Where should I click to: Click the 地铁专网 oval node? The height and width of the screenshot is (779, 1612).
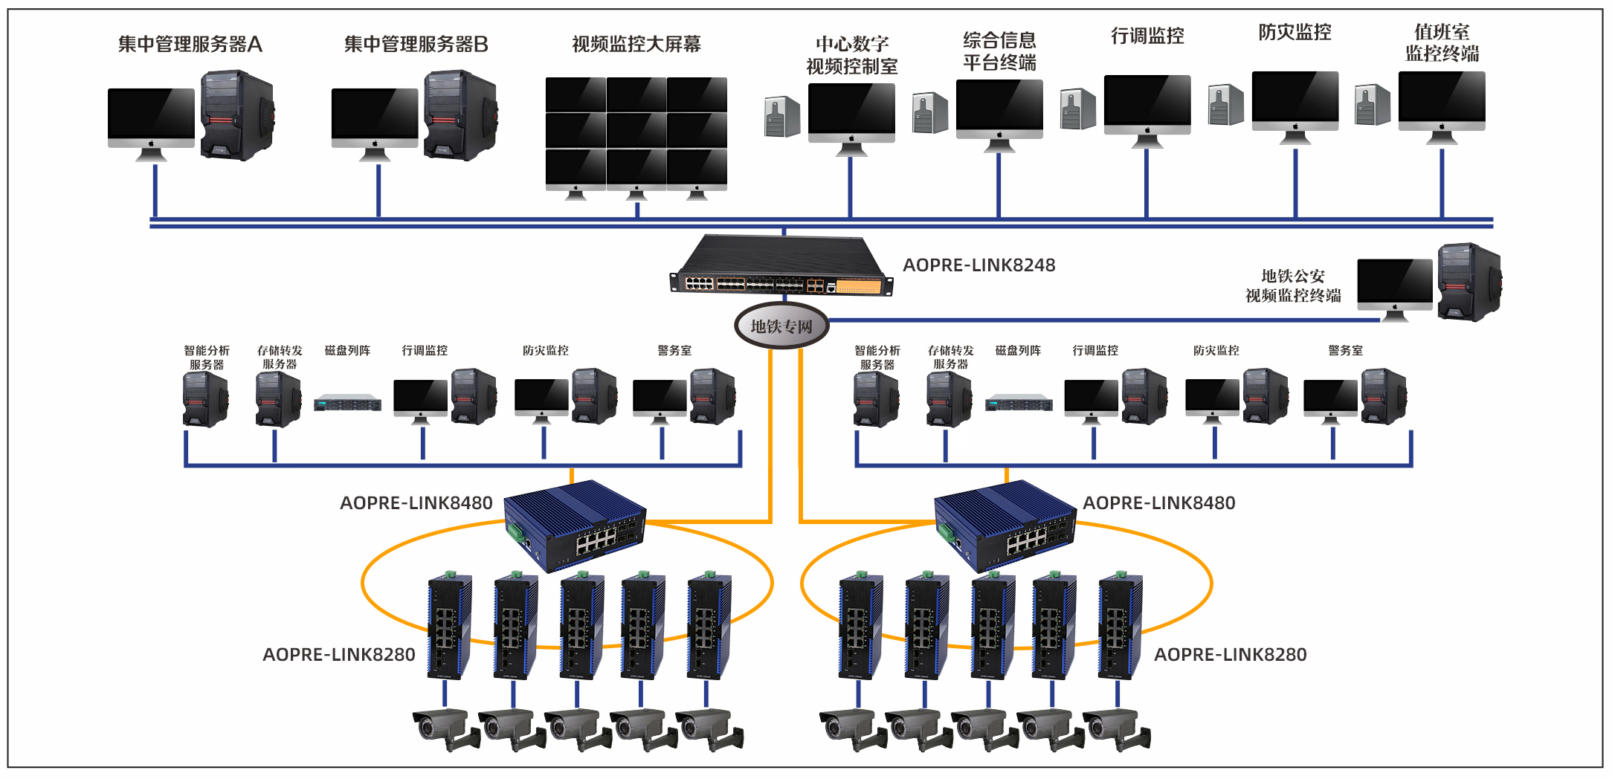pos(781,326)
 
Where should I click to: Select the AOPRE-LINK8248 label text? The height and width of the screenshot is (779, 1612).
pos(979,265)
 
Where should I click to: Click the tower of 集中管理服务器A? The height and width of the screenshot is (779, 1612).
pos(237,115)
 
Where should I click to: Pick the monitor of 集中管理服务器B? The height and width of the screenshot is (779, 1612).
pos(375,119)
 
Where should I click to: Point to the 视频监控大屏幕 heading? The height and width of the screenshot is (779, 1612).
pos(636,45)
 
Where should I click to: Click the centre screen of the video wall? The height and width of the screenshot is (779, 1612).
pos(636,131)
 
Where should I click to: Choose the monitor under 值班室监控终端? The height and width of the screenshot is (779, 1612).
pos(1442,102)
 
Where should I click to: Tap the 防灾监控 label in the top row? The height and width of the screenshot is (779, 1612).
pos(1295,33)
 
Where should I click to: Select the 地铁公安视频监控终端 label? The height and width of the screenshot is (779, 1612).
pos(1293,286)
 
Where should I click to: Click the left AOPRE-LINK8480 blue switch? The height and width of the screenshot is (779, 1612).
pos(575,525)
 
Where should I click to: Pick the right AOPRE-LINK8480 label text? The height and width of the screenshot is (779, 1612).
pos(1158,503)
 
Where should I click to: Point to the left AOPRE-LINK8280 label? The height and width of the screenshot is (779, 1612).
pos(339,655)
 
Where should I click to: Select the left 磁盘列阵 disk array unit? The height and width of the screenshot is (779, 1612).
pos(347,404)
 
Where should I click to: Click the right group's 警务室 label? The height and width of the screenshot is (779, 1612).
pos(1345,351)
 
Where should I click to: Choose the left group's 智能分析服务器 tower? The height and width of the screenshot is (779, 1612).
pos(205,399)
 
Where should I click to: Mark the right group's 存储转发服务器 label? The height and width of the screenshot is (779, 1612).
pos(950,358)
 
